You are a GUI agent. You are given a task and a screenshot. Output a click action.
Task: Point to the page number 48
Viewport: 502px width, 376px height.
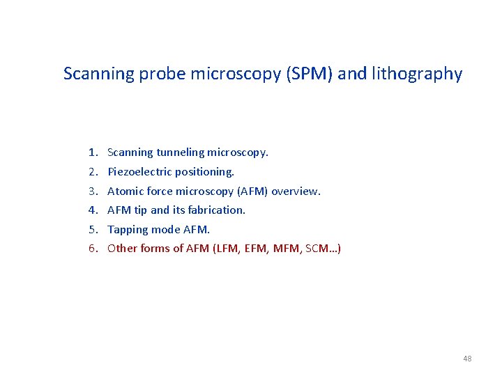coord(466,359)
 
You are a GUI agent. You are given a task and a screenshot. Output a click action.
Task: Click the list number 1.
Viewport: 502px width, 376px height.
coord(92,152)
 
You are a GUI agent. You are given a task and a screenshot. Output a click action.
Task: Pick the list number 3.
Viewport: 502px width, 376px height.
coord(92,191)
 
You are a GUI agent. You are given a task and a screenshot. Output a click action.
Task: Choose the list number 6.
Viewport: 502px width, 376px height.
coord(92,249)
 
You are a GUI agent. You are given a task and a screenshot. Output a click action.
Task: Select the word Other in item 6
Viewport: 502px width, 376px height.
coord(123,249)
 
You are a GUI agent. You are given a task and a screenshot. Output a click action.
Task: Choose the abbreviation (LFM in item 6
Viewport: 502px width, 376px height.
coord(213,249)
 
